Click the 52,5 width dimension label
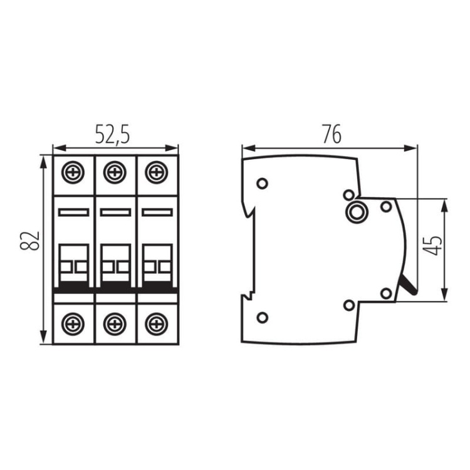[x=112, y=135]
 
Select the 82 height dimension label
[x=32, y=240]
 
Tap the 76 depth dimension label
[x=330, y=134]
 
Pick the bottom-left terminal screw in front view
[x=74, y=323]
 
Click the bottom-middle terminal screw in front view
[x=115, y=323]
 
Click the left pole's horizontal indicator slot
[x=74, y=213]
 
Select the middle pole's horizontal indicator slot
[x=115, y=213]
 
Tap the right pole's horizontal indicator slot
[x=157, y=213]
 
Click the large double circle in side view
[x=357, y=212]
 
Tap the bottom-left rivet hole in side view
[x=262, y=318]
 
